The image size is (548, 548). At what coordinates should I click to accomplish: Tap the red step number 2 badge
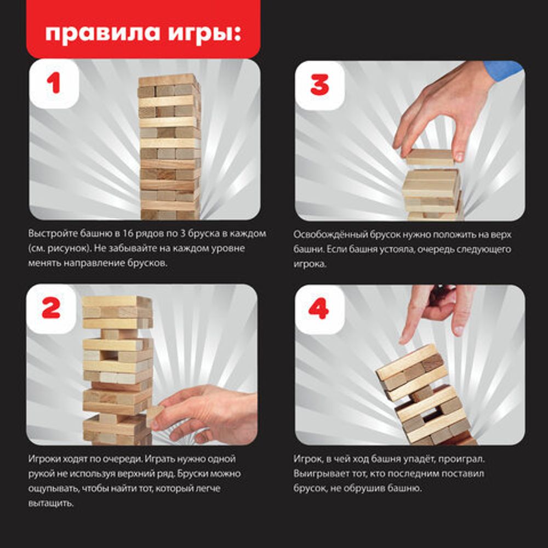(x=50, y=309)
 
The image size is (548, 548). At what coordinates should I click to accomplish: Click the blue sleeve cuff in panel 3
(x=503, y=70)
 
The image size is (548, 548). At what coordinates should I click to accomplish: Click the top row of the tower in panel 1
(x=167, y=81)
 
